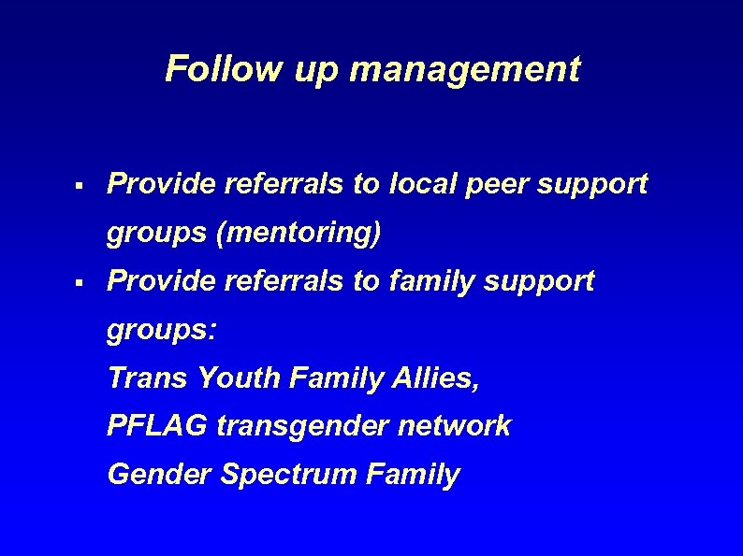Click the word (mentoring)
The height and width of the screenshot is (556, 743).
(299, 234)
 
